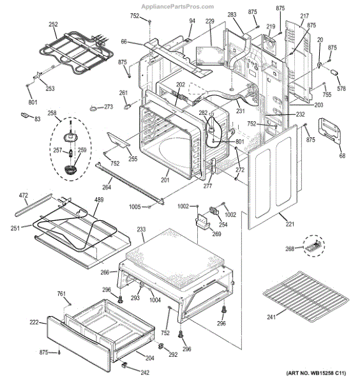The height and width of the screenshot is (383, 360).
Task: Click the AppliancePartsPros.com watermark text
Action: click(x=180, y=6)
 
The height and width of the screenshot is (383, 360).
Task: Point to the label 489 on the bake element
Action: click(x=99, y=200)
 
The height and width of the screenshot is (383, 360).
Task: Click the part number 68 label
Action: click(x=342, y=156)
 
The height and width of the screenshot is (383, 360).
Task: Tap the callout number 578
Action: click(x=340, y=88)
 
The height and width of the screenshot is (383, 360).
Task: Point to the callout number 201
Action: click(x=165, y=180)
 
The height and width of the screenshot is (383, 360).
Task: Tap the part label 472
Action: click(x=23, y=195)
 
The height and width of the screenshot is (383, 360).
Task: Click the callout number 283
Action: click(x=232, y=14)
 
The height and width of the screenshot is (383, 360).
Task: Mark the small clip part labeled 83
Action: click(x=26, y=115)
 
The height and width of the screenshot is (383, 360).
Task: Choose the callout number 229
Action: click(x=210, y=22)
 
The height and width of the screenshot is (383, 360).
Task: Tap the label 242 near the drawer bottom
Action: click(x=145, y=373)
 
